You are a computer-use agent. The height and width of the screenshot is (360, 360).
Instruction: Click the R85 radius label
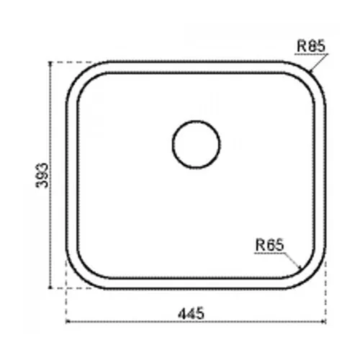click(x=311, y=46)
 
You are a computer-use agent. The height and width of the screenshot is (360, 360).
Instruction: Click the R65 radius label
click(x=270, y=245)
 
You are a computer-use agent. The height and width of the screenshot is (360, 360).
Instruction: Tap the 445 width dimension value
click(x=192, y=313)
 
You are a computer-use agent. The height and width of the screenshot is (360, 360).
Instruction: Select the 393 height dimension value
click(x=42, y=175)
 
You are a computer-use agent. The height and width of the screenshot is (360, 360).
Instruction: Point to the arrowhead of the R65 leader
click(x=300, y=267)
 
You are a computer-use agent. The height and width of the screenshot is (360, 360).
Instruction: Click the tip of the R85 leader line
click(x=310, y=71)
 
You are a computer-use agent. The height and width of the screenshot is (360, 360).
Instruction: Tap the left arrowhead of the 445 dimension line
click(x=68, y=321)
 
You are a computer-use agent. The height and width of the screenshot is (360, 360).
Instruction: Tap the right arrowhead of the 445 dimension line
click(x=324, y=321)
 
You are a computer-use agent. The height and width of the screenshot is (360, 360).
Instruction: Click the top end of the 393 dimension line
click(x=50, y=62)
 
